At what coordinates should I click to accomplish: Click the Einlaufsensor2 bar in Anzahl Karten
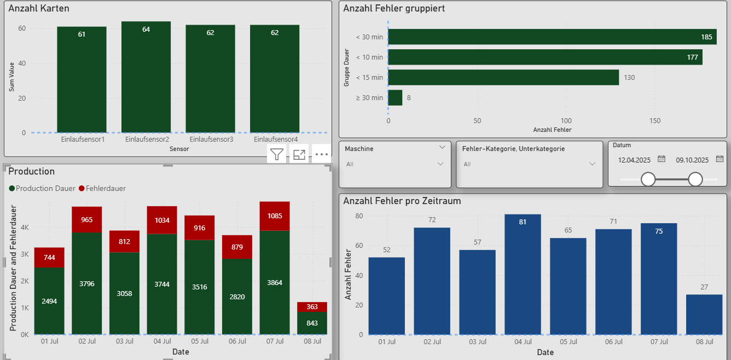tap(146, 77)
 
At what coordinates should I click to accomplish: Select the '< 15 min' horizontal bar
tap(503, 78)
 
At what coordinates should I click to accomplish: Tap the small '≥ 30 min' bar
tap(395, 98)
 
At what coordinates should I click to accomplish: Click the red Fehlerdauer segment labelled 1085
tap(274, 216)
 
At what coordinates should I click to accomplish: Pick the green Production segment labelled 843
tap(312, 323)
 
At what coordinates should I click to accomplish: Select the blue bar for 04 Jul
tap(523, 274)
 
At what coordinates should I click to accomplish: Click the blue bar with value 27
tap(704, 315)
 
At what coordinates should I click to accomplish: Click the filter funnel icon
tap(277, 155)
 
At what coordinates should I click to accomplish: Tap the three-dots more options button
tap(322, 155)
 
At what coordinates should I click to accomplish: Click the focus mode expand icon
tap(299, 155)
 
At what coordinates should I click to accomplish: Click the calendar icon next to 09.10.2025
tap(720, 159)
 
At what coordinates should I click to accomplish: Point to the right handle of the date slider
tap(695, 179)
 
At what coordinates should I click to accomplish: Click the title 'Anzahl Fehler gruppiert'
tap(393, 8)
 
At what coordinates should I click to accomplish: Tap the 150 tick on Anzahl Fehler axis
tap(655, 121)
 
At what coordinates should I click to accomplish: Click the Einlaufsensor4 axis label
tap(275, 140)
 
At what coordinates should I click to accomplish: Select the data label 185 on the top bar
tap(706, 37)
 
